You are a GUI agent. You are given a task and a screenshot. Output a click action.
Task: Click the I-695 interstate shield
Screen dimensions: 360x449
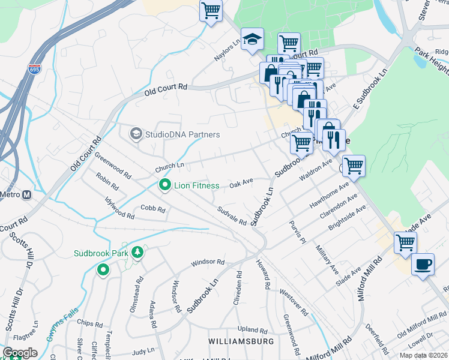34,70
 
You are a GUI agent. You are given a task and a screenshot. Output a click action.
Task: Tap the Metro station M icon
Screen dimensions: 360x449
26,194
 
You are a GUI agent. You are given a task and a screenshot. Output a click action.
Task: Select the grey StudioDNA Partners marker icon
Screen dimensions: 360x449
136,134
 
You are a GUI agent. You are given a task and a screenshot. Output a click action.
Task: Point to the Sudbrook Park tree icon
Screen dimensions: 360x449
138,253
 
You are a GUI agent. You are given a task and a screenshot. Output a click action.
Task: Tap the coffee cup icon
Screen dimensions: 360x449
423,264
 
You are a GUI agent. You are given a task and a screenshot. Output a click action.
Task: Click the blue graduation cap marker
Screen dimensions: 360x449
252,40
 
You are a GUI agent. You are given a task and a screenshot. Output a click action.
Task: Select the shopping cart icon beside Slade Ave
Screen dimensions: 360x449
405,242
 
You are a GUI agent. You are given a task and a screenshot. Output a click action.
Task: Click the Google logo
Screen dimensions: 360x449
19,353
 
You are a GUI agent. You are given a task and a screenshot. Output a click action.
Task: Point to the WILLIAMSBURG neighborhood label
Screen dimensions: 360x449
241,341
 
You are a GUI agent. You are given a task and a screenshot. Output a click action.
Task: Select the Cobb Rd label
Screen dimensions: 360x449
152,209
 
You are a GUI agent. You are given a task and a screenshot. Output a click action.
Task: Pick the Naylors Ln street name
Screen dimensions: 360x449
228,50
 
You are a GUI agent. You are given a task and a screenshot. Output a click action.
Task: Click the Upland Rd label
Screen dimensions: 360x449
252,330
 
